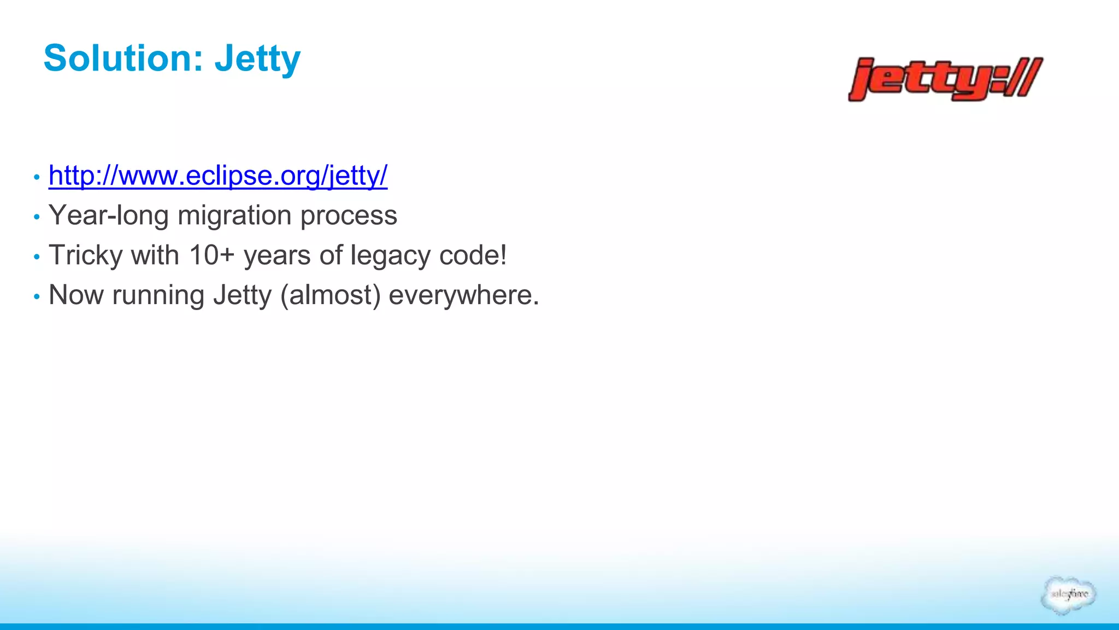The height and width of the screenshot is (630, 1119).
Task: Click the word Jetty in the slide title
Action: [257, 59]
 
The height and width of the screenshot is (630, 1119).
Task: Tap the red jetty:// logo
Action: [945, 79]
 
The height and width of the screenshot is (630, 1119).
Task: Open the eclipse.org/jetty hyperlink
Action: [218, 176]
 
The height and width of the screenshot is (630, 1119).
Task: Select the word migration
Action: [234, 215]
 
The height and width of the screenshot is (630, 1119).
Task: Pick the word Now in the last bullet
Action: [76, 295]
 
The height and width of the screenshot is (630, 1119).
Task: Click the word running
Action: [158, 296]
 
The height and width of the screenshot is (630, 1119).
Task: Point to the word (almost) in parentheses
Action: [330, 295]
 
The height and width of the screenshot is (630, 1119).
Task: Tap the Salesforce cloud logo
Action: [1068, 594]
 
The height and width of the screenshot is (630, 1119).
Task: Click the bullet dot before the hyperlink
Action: [37, 177]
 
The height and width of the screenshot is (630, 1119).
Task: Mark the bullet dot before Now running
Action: [37, 296]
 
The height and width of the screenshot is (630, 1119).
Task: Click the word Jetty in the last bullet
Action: [242, 295]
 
